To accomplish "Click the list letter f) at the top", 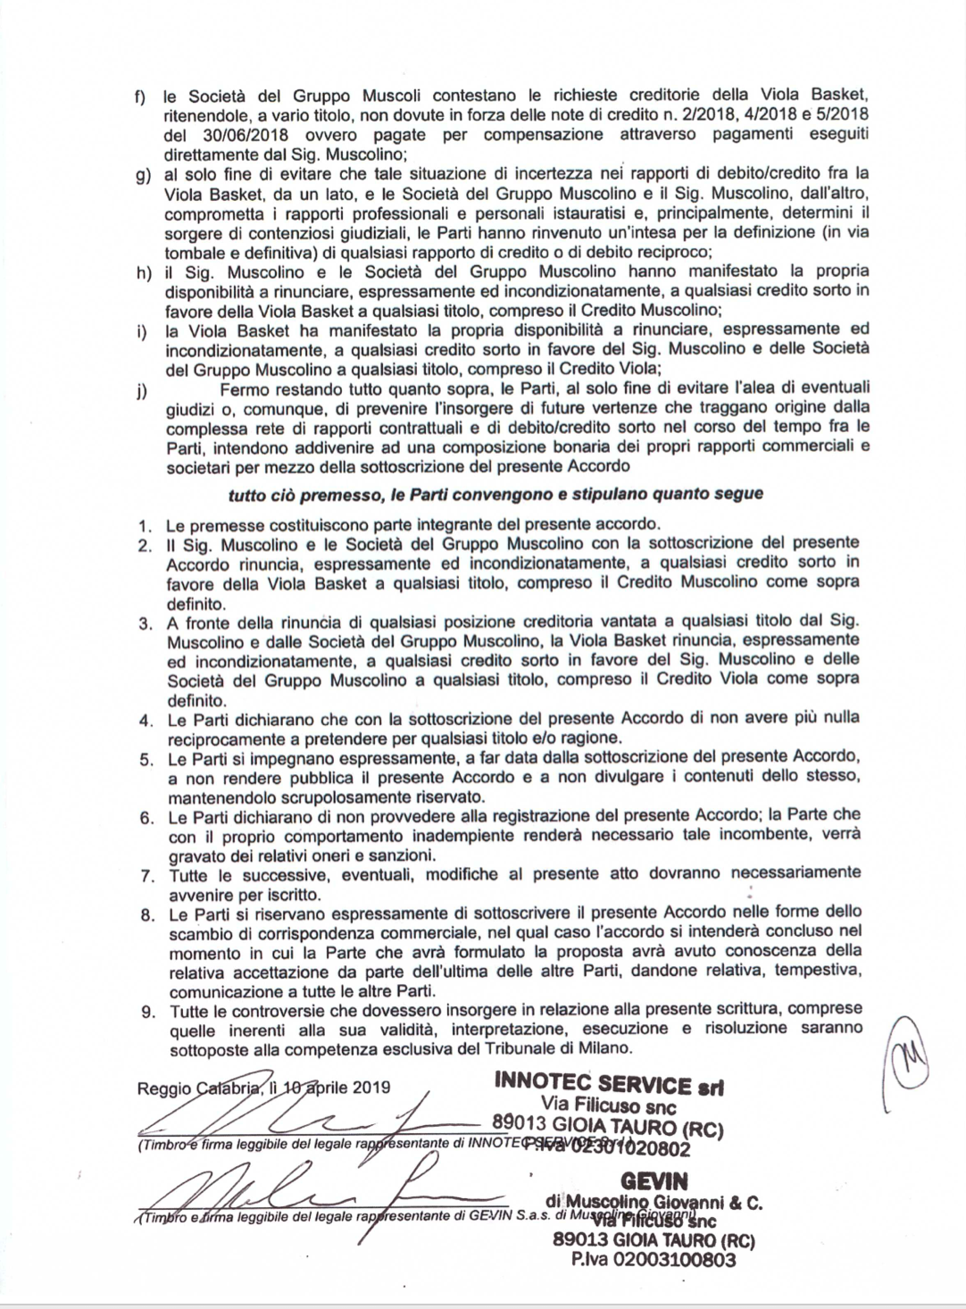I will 140,96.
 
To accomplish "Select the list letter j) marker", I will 141,389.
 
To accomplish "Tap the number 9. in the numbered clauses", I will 147,1011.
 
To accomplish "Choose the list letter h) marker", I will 141,271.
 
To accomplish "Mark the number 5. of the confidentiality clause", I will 147,759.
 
